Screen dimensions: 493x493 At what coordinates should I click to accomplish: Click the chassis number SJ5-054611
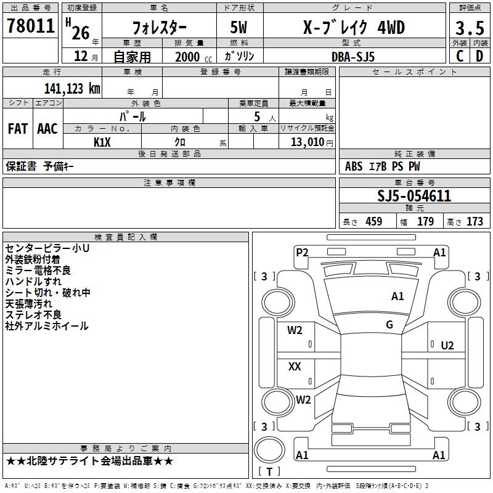click(x=414, y=196)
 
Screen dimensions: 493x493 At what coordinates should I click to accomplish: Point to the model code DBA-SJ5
click(x=352, y=56)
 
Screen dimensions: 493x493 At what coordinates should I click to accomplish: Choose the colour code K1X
click(x=102, y=142)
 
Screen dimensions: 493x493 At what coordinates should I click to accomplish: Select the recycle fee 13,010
click(x=306, y=142)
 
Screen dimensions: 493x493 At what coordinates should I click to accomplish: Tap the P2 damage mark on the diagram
click(x=302, y=252)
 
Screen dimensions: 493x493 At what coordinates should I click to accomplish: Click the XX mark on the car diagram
click(x=295, y=367)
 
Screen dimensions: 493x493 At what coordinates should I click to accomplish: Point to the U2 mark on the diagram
click(x=447, y=345)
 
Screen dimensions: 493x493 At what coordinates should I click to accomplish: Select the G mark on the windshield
click(x=389, y=324)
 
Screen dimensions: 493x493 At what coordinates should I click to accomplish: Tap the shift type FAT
click(x=17, y=129)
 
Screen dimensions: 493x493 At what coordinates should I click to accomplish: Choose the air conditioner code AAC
click(x=47, y=129)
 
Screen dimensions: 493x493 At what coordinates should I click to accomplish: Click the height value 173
click(x=475, y=222)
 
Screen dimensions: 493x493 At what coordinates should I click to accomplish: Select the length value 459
click(x=374, y=222)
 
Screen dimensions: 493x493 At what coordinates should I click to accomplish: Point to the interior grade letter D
click(x=479, y=55)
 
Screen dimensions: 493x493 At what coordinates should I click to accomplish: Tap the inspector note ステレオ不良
click(x=33, y=315)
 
